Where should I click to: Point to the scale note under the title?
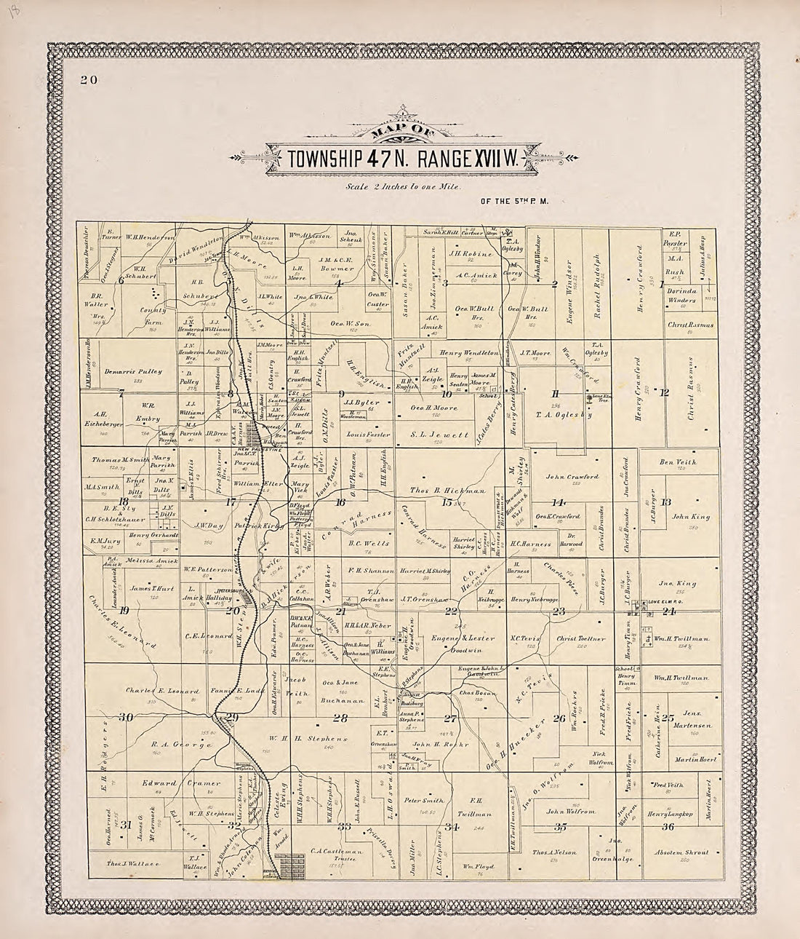(x=400, y=186)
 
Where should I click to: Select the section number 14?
(x=558, y=502)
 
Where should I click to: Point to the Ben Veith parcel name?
(x=677, y=461)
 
